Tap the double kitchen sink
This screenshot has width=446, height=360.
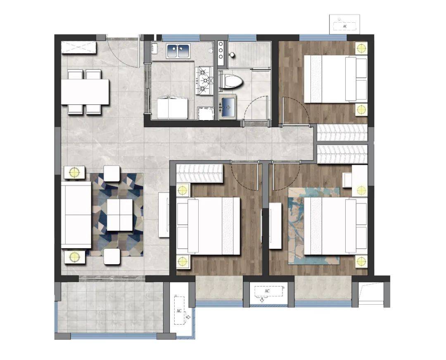tap(179, 51)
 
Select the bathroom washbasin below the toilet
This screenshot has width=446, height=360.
tap(228, 107)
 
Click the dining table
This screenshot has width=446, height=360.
tap(85, 92)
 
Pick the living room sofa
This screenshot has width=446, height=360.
tap(76, 215)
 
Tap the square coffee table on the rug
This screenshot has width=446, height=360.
tap(119, 215)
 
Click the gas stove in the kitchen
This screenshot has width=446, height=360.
tap(204, 81)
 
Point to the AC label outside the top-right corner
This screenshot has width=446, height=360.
tap(345, 26)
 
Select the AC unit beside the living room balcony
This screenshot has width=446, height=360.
tap(180, 310)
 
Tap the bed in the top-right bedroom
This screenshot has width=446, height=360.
tap(335, 79)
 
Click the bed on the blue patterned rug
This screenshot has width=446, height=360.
tap(335, 226)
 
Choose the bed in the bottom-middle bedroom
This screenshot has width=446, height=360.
tap(208, 226)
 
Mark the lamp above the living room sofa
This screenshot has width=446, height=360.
tap(74, 172)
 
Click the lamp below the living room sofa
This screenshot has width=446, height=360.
tap(74, 257)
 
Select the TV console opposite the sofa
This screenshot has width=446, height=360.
tap(164, 215)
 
